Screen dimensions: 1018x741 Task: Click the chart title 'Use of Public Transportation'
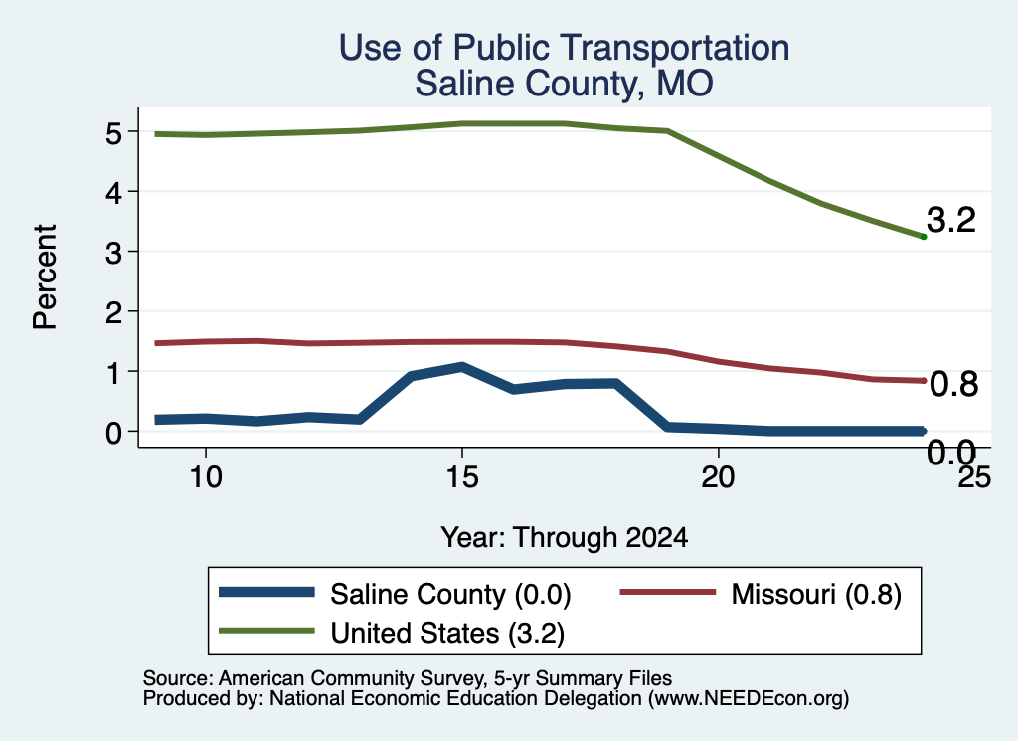coord(565,48)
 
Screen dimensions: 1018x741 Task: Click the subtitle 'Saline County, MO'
coord(565,84)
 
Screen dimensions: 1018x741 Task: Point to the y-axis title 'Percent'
coord(45,277)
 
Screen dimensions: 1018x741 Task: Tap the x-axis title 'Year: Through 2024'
coord(565,538)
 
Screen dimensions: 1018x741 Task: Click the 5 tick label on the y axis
coord(113,134)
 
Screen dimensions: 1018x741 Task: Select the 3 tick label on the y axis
coord(113,253)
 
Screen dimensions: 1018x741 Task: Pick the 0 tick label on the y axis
coord(113,432)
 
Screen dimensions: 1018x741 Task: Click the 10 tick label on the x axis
coord(206,477)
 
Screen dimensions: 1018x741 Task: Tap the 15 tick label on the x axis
coord(462,477)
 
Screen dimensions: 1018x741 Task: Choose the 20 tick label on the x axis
coord(718,477)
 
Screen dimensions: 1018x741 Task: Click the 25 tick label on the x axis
coord(974,477)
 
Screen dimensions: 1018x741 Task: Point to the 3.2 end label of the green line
coord(951,220)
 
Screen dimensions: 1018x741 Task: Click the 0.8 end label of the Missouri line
coord(953,385)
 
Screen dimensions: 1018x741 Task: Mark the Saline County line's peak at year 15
coord(462,367)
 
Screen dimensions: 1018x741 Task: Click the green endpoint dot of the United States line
coord(924,237)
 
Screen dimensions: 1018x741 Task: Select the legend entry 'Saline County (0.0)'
coord(395,594)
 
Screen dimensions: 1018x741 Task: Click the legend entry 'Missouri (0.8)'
coord(761,594)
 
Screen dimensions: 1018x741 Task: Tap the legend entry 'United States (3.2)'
coord(392,633)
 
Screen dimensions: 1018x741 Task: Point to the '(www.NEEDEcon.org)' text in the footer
coord(749,699)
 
